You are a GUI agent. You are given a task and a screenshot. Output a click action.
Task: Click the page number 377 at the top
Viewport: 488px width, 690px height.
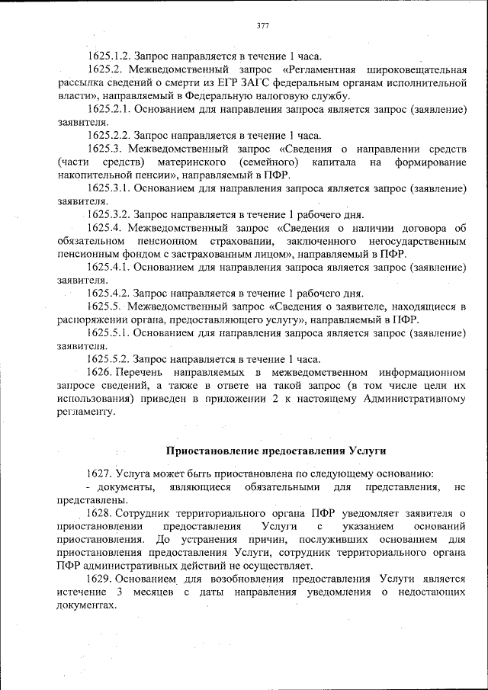click(262, 25)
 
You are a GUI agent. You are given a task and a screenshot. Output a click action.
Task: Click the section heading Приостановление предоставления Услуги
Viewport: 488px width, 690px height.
click(276, 451)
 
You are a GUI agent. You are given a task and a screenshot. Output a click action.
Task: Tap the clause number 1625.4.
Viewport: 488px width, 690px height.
click(105, 227)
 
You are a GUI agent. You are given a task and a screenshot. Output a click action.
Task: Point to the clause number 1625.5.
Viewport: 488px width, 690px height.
click(105, 306)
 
